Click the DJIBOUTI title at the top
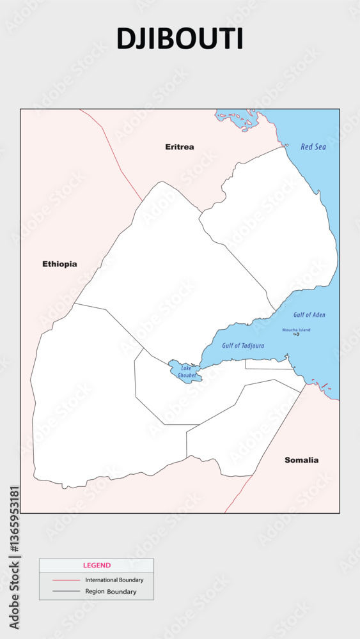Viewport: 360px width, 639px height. tap(180, 39)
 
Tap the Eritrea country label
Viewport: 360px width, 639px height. tap(180, 147)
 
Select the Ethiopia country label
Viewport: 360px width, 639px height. tap(59, 264)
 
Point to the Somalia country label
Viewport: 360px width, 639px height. tap(302, 460)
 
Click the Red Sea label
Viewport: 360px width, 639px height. tap(313, 147)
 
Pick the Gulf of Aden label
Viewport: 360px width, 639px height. tap(309, 315)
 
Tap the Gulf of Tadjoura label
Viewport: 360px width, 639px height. tap(243, 346)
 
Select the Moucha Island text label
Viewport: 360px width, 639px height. tap(296, 330)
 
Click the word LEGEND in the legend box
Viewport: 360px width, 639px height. tap(97, 566)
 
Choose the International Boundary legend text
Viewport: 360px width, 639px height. tap(114, 580)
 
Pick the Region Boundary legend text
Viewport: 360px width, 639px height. tap(111, 592)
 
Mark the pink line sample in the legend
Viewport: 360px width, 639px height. tap(65, 580)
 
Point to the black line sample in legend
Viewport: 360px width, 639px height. tap(65, 592)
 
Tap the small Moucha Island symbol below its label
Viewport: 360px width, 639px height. tap(296, 334)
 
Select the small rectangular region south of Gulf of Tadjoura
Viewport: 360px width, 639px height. tap(269, 364)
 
